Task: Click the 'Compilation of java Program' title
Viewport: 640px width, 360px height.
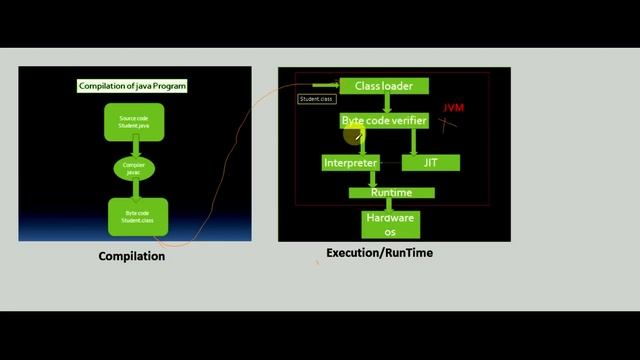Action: click(x=133, y=86)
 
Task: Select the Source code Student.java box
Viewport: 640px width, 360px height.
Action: click(x=133, y=122)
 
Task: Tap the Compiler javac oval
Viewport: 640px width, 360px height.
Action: click(x=133, y=168)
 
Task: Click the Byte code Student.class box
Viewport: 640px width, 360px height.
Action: click(x=138, y=217)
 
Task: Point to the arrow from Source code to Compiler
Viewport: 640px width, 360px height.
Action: click(x=133, y=146)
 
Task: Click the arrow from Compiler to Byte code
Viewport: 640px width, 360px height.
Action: click(x=133, y=190)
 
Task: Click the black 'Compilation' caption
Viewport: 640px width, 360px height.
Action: click(x=131, y=256)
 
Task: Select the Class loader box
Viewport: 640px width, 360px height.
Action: click(x=384, y=86)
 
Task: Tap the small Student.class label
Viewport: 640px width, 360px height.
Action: click(x=316, y=99)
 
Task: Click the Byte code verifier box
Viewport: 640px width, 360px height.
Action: click(x=384, y=121)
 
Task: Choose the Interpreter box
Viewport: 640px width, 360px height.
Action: click(x=350, y=162)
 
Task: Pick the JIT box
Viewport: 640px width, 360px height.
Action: click(x=431, y=162)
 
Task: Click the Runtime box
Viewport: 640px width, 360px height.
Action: click(x=391, y=193)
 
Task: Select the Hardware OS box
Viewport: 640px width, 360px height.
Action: click(x=391, y=224)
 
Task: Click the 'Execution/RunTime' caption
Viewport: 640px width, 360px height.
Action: click(x=379, y=253)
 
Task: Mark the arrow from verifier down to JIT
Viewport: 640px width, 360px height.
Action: click(x=413, y=141)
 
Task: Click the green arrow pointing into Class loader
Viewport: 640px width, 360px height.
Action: click(x=326, y=86)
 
